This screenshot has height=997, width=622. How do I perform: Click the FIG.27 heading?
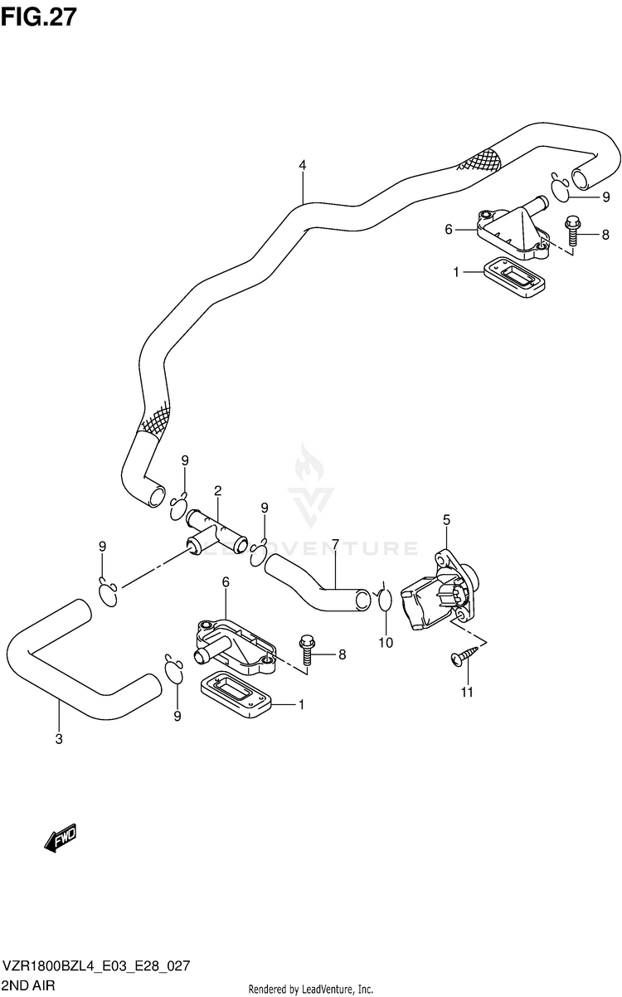38,17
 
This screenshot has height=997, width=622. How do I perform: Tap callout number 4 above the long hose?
303,166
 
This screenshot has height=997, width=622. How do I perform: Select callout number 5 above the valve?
446,519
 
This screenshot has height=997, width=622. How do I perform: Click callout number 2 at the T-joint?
217,491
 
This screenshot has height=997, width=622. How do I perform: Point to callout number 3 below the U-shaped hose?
59,739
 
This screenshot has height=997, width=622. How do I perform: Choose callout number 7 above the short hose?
336,544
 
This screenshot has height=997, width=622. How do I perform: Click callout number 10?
386,643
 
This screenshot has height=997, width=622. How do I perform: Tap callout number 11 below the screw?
467,692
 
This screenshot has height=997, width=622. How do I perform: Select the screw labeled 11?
464,656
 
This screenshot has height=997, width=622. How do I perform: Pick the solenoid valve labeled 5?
440,590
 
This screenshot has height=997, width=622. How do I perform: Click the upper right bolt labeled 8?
572,230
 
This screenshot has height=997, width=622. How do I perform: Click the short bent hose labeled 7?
318,582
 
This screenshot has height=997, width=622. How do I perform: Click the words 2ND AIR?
29,985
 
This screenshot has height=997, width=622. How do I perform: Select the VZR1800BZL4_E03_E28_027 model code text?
96,965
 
